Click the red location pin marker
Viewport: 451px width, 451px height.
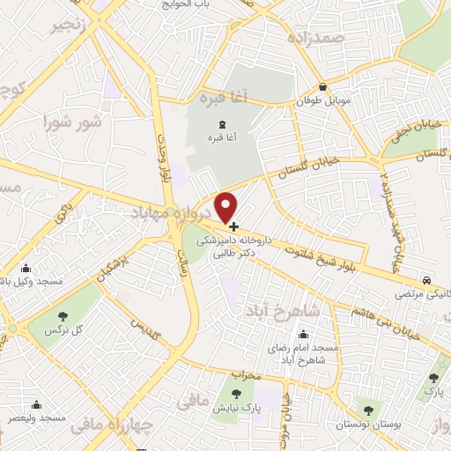pyautogui.click(x=227, y=206)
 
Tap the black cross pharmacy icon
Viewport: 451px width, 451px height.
pyautogui.click(x=233, y=226)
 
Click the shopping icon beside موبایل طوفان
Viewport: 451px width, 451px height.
pyautogui.click(x=323, y=88)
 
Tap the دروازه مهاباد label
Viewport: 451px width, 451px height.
pyautogui.click(x=173, y=212)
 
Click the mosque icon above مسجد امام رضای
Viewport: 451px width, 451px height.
pyautogui.click(x=304, y=334)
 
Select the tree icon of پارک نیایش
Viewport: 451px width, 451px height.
pyautogui.click(x=235, y=393)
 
